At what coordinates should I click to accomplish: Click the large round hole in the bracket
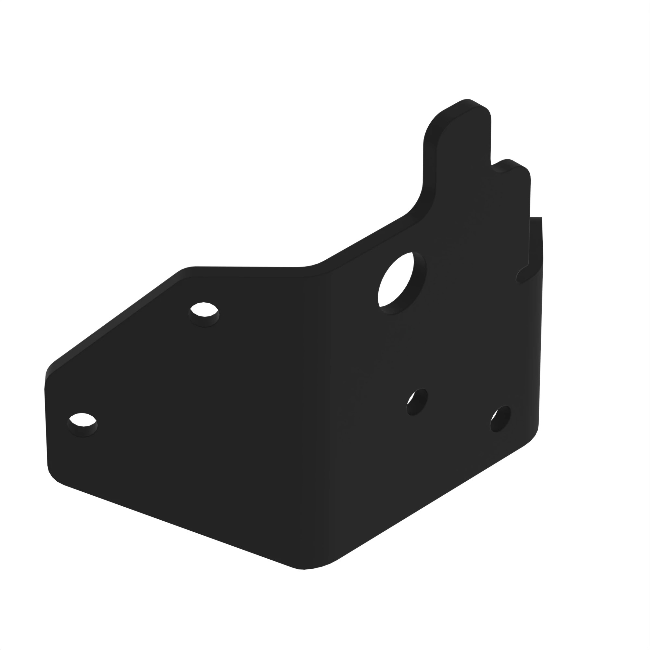pyautogui.click(x=402, y=283)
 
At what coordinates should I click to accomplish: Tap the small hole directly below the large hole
pyautogui.click(x=417, y=402)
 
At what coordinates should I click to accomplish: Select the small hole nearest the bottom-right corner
pyautogui.click(x=500, y=419)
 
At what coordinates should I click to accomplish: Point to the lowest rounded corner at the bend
pyautogui.click(x=305, y=568)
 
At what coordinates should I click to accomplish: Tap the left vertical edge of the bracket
pyautogui.click(x=46, y=427)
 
